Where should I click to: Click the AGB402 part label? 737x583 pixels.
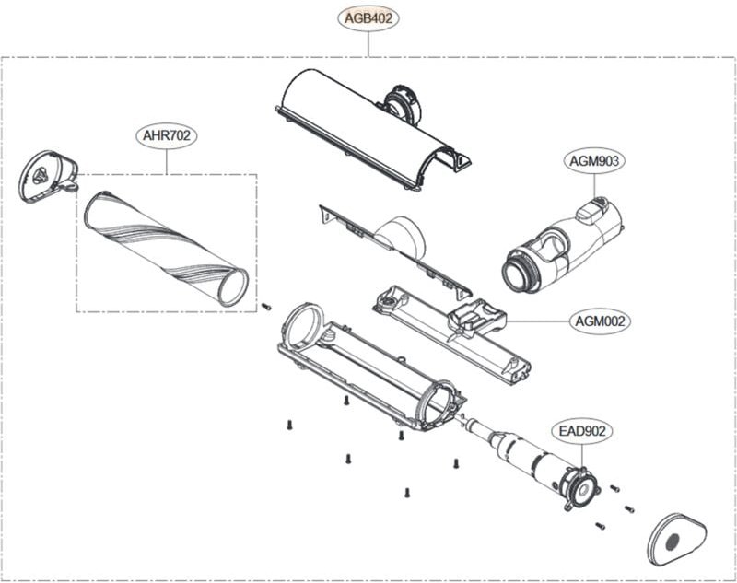point(368,17)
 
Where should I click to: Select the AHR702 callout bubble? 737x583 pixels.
point(167,136)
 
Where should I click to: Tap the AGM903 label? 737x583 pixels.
point(594,160)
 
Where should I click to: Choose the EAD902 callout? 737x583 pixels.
point(582,430)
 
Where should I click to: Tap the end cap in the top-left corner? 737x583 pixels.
point(49,176)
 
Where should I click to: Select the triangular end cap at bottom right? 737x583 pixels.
point(676,540)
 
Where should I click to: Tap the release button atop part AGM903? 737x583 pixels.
point(590,211)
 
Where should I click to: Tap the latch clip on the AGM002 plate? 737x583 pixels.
point(476,320)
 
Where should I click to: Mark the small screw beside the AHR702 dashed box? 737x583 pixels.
point(265,307)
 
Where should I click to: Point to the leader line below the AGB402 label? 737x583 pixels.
point(368,43)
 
